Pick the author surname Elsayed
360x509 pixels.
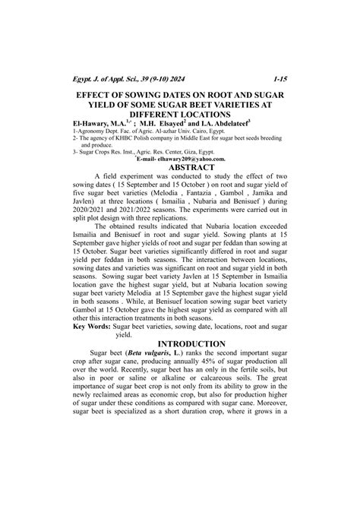[x=187, y=121]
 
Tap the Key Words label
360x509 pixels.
[x=96, y=325]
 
